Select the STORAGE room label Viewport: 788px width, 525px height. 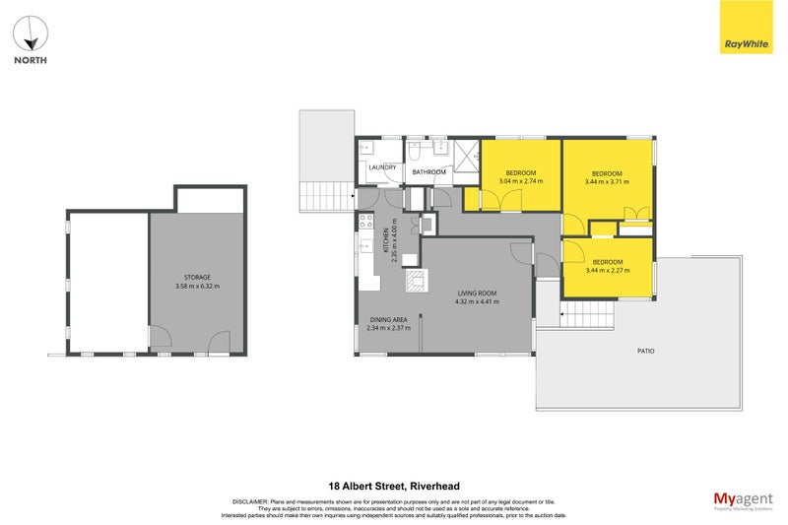[197, 278]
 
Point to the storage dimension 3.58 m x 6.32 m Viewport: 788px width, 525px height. [197, 287]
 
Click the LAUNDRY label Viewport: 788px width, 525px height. [382, 167]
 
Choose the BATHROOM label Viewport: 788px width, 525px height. [428, 172]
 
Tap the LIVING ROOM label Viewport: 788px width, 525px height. [477, 293]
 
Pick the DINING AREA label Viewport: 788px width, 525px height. [387, 319]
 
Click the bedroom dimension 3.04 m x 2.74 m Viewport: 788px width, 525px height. [521, 181]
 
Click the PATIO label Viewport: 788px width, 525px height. [645, 351]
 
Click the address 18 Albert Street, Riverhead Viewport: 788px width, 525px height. [394, 486]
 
